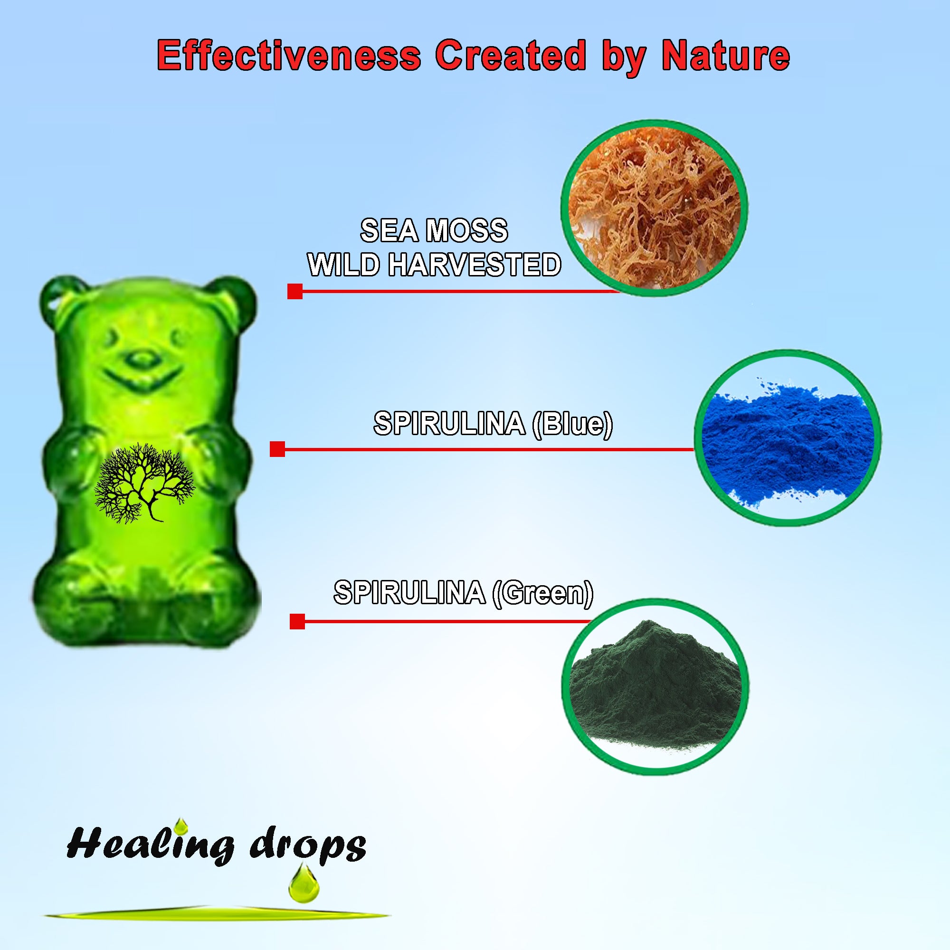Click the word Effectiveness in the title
[x=289, y=56]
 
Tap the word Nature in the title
[x=725, y=56]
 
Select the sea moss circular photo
[x=655, y=208]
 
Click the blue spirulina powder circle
[x=787, y=437]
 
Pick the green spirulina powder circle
[x=655, y=686]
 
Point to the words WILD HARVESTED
[x=434, y=265]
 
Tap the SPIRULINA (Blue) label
[x=493, y=423]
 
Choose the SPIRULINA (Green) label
[x=463, y=592]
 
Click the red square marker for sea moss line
[x=294, y=291]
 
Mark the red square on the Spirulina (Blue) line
[x=277, y=449]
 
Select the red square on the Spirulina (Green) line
[x=297, y=621]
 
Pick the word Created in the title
[x=511, y=56]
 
